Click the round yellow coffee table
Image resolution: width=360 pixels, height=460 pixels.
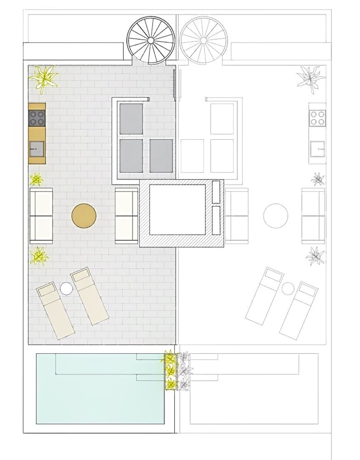click(x=84, y=216)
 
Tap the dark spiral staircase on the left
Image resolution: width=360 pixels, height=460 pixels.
click(x=151, y=40)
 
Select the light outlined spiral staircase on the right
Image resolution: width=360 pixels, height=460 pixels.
click(x=203, y=40)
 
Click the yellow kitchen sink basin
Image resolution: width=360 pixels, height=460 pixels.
click(x=37, y=149)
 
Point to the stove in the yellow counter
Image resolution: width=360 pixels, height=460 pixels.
click(x=37, y=118)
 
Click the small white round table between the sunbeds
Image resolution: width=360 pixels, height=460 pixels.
click(x=66, y=288)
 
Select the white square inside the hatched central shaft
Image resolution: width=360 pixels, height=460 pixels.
click(x=177, y=209)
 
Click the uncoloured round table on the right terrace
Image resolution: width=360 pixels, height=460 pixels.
click(x=276, y=215)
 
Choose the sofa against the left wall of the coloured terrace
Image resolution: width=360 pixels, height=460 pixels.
click(x=41, y=216)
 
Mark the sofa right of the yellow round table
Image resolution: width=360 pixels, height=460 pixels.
click(x=126, y=216)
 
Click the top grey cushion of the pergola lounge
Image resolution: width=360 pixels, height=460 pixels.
click(x=131, y=119)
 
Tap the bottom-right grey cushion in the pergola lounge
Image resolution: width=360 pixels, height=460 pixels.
click(x=161, y=155)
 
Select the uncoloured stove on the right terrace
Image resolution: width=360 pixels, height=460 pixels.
click(x=318, y=118)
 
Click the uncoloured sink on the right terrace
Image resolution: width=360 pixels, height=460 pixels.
click(x=318, y=149)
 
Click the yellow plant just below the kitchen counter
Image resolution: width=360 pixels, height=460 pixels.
click(x=36, y=179)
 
